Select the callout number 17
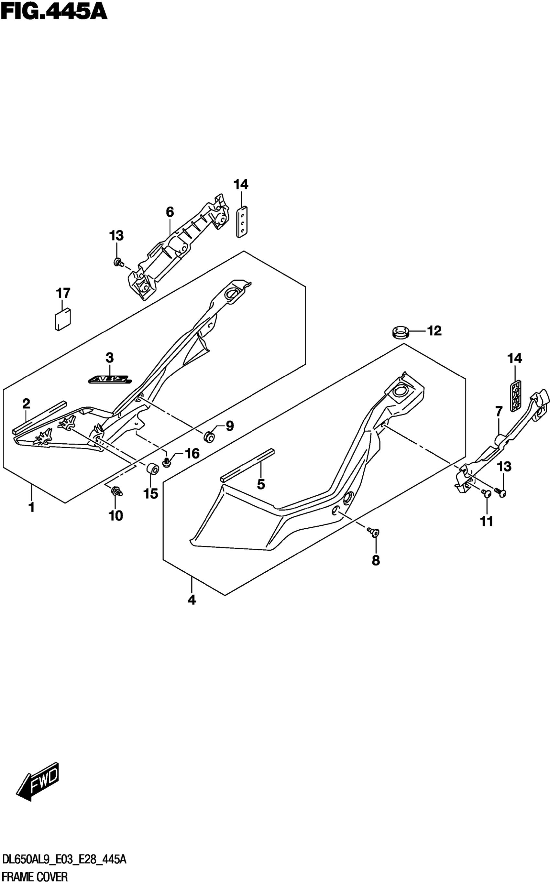point(63,293)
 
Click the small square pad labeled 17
point(62,319)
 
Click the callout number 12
point(434,331)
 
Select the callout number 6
point(170,212)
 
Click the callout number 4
point(192,600)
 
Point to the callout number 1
point(32,507)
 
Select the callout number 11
point(486,521)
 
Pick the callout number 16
point(192,453)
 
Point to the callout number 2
point(26,403)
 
